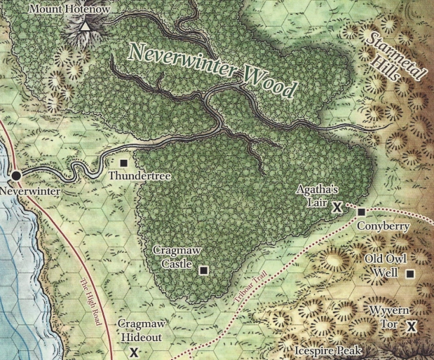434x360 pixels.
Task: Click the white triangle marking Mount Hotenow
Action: pyautogui.click(x=85, y=27)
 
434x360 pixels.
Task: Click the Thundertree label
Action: pyautogui.click(x=140, y=177)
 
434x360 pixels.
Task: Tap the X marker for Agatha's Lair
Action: pyautogui.click(x=337, y=207)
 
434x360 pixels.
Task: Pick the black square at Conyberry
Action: pyautogui.click(x=361, y=212)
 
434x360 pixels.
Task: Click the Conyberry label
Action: pyautogui.click(x=381, y=227)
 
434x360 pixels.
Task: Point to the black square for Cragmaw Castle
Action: pyautogui.click(x=203, y=270)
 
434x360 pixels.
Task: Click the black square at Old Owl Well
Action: pyautogui.click(x=409, y=274)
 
